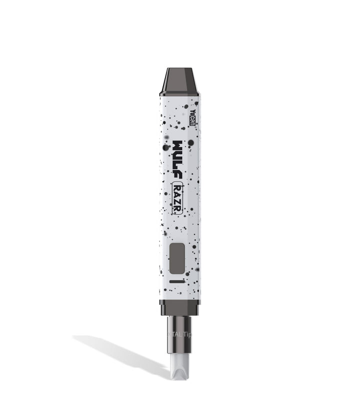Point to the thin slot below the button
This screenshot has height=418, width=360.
tap(177, 282)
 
